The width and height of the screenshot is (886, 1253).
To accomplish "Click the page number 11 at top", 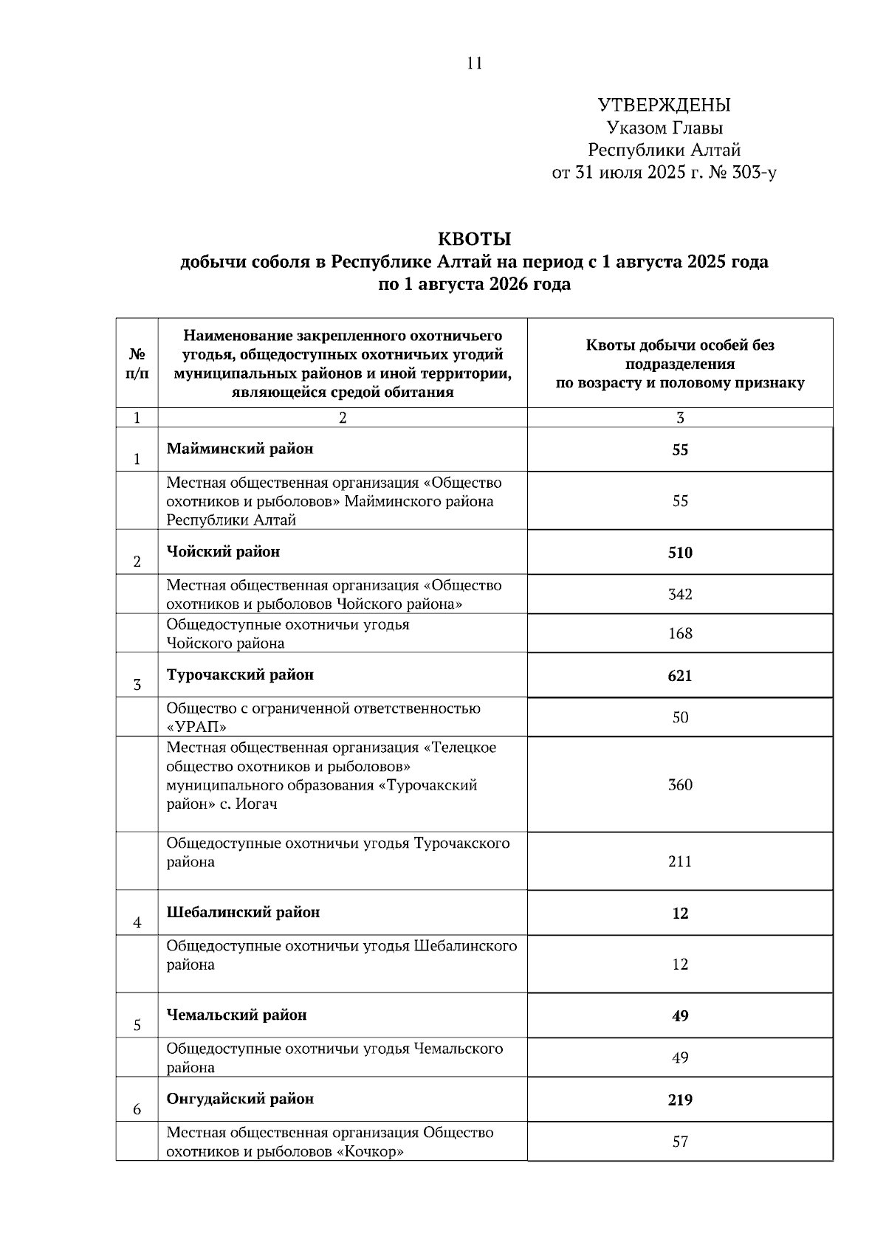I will click(475, 63).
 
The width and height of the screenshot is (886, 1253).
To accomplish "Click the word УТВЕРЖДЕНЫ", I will click(664, 106).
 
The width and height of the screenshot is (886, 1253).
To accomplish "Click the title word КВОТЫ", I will click(475, 239).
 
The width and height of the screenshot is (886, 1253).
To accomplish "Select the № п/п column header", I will click(137, 363).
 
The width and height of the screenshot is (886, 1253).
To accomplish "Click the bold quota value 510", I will click(680, 553).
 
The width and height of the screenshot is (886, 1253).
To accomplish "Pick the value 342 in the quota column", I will click(680, 594).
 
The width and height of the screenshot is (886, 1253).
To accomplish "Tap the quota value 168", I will click(680, 633).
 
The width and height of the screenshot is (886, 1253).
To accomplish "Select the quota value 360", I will click(680, 784).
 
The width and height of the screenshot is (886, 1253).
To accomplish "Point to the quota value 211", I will click(680, 861).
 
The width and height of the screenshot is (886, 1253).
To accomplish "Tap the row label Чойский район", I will click(223, 552).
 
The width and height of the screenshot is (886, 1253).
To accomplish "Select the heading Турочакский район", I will click(240, 675).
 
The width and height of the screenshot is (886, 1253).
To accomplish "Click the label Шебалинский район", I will click(243, 913).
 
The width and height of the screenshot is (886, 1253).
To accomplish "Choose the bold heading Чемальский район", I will click(236, 1015).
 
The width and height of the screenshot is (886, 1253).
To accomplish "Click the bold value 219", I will click(680, 1100).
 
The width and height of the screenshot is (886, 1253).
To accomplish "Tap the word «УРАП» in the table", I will click(196, 727).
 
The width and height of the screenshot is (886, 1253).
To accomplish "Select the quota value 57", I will click(680, 1142).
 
